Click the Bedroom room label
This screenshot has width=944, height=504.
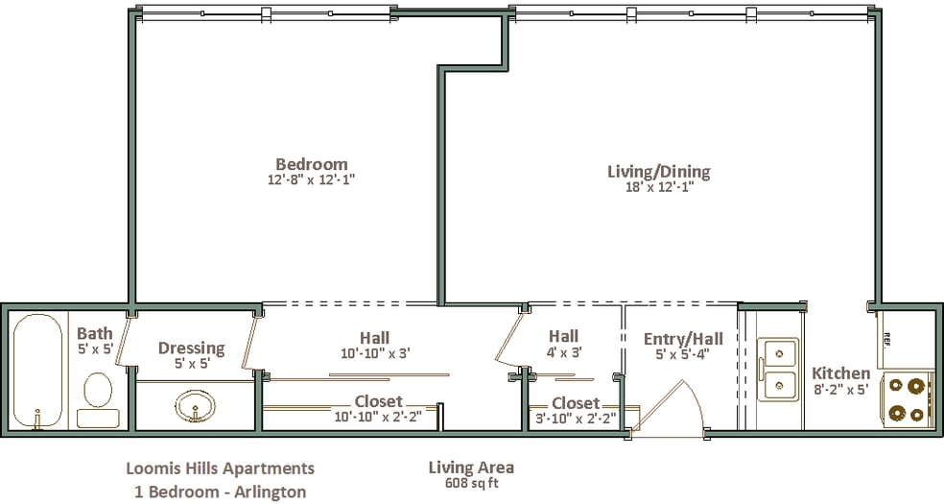pos(311,164)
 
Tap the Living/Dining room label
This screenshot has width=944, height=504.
pos(658,172)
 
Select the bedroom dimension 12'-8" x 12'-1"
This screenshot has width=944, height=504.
pos(311,180)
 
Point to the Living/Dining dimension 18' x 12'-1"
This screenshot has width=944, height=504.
pos(658,187)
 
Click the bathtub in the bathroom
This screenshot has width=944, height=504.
pos(37,371)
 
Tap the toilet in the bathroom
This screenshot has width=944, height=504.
pos(98,391)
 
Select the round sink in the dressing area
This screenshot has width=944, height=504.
pos(197,407)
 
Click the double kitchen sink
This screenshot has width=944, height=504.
pos(778,370)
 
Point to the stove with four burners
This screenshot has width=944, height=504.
pos(908,399)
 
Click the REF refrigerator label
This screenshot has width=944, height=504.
pos(886,338)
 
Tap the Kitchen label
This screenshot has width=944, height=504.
pos(841,373)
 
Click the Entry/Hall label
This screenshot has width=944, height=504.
pos(683,338)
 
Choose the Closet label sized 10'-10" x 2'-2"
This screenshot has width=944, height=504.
pos(378,401)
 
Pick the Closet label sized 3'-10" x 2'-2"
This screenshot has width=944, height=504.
pos(576,403)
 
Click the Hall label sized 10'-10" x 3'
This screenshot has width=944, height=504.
pos(374,337)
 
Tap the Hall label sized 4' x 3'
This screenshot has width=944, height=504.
pos(563,336)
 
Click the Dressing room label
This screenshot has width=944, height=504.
pos(192,348)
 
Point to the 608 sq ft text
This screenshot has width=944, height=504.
pos(470,483)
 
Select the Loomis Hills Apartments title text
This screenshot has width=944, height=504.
pos(220,468)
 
